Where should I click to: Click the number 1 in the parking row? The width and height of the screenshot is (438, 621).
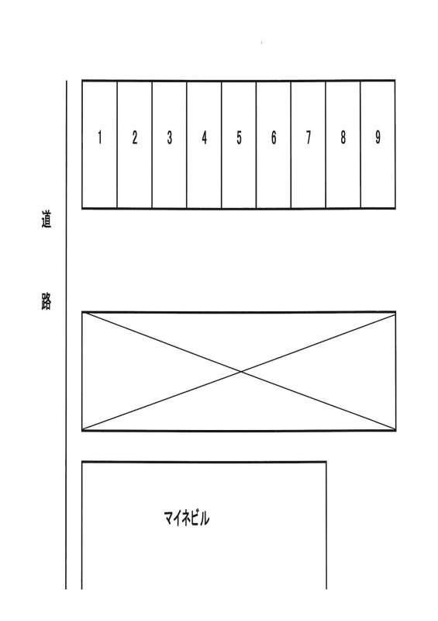pos(100,137)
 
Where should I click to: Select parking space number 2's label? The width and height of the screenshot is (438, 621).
pos(135,137)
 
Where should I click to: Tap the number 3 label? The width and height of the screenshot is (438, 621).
pos(169,137)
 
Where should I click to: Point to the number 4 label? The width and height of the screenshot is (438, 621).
pos(204,137)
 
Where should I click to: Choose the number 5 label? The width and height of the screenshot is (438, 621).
pos(239,137)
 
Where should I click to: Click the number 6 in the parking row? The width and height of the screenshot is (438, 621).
pos(274,137)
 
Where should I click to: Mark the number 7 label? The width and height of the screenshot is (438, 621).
pos(309,137)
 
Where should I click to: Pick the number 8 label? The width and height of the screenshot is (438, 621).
pos(343,137)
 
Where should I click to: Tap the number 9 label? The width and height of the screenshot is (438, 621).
pos(378,137)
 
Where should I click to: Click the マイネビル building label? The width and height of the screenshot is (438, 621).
pos(186,518)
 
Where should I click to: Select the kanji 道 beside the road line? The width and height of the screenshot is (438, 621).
pos(47,220)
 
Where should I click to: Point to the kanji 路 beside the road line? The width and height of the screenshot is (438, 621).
pos(47,302)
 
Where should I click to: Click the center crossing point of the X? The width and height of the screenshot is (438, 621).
pos(241,372)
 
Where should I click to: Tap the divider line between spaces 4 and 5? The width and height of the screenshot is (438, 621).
pos(221,144)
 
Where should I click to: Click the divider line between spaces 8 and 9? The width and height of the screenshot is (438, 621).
pos(360,144)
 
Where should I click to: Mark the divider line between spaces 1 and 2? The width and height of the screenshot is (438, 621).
pos(117,144)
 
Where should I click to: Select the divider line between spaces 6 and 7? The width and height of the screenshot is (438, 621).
pos(291,144)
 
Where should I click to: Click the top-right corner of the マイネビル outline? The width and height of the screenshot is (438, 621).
pos(326,462)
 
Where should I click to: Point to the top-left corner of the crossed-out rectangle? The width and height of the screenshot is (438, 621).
pos(82,313)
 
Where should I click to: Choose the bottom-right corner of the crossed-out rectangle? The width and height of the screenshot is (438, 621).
pos(395,430)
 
